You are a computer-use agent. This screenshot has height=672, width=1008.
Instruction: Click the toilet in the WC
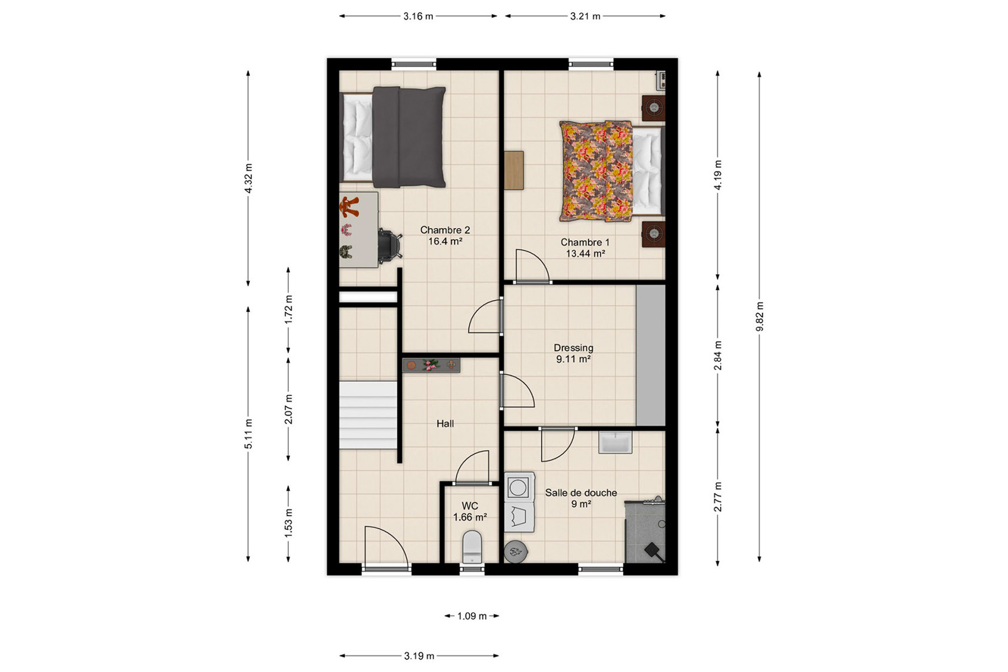pyautogui.click(x=472, y=547)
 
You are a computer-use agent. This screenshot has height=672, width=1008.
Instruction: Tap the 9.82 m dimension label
pyautogui.click(x=759, y=316)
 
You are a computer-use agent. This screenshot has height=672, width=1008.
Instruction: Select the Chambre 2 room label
pyautogui.click(x=445, y=230)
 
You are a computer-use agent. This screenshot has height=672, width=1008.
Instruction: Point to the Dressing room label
pyautogui.click(x=573, y=348)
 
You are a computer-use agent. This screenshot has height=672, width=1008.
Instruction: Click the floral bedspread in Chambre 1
pyautogui.click(x=596, y=171)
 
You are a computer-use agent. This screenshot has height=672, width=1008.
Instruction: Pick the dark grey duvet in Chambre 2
pyautogui.click(x=409, y=137)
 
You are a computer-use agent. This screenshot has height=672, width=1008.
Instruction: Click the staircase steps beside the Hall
pyautogui.click(x=368, y=415)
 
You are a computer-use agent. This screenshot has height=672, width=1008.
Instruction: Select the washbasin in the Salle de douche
pyautogui.click(x=615, y=442)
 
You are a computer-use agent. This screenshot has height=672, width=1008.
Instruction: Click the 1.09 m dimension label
pyautogui.click(x=472, y=616)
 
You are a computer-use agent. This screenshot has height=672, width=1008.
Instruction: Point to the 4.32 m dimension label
pyautogui.click(x=248, y=178)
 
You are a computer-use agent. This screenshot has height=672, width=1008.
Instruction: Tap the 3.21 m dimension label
pyautogui.click(x=585, y=16)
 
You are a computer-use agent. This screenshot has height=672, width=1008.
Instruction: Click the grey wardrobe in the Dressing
pyautogui.click(x=651, y=356)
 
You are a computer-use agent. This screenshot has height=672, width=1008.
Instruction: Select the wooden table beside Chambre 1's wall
pyautogui.click(x=514, y=170)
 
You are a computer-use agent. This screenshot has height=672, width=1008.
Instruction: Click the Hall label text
pyautogui.click(x=445, y=424)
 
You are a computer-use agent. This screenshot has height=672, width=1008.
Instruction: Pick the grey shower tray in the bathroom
pyautogui.click(x=645, y=531)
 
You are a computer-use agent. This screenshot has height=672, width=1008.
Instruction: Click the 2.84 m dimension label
pyautogui.click(x=717, y=356)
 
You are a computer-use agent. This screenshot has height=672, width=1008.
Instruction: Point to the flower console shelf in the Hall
pyautogui.click(x=431, y=366)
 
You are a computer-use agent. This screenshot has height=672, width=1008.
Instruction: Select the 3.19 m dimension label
pyautogui.click(x=419, y=656)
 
